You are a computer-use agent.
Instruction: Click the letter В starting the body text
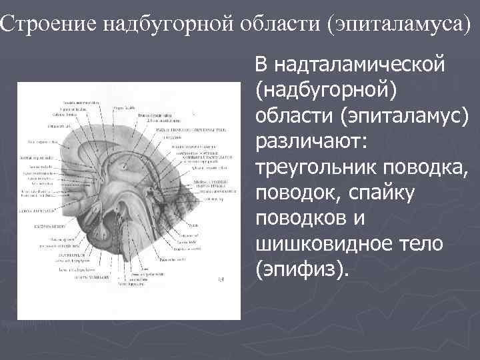261,65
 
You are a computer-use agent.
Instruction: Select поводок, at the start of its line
295,193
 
